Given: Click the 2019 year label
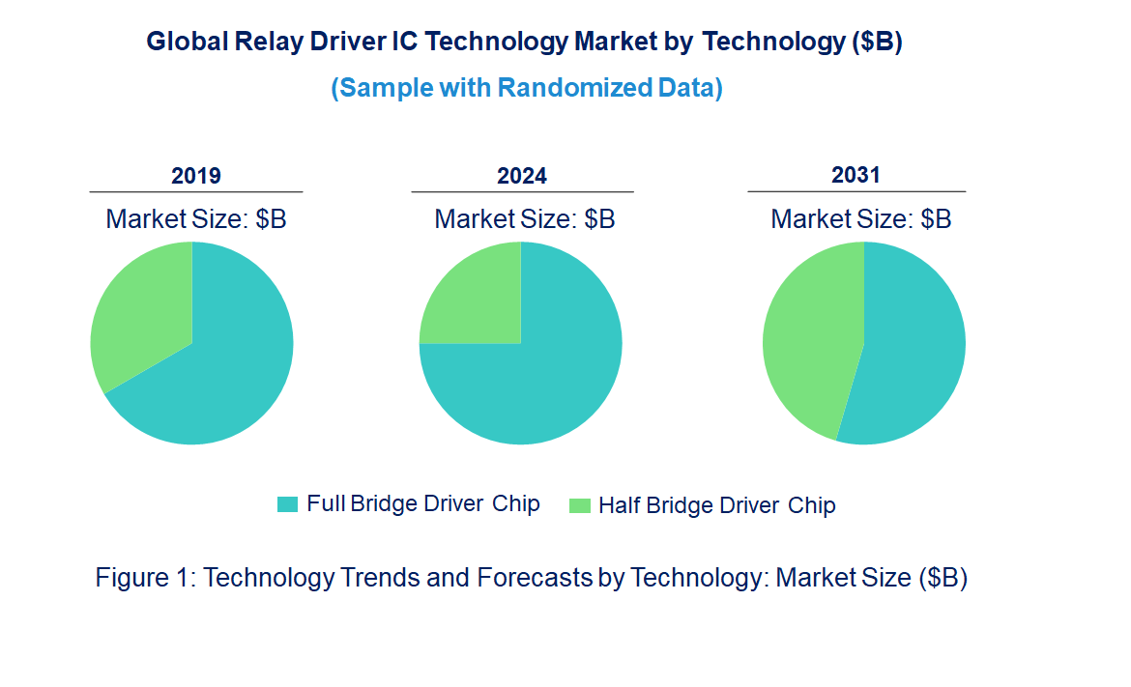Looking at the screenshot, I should point(196,176).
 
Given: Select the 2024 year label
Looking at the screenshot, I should point(522,176).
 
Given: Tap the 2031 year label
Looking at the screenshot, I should point(856,175).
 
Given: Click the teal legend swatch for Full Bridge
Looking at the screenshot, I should point(287,504).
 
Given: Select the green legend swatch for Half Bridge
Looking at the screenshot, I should point(579,505).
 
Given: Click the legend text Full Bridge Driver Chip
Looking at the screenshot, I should point(423,504).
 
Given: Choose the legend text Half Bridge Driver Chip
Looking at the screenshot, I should point(716,505).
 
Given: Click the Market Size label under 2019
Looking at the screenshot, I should point(196,219).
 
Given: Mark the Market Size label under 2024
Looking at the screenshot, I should point(524,219).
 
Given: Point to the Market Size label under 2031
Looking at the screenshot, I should point(860,219).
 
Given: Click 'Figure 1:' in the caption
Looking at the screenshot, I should point(146,578).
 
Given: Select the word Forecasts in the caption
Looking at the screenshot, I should point(534,578).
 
